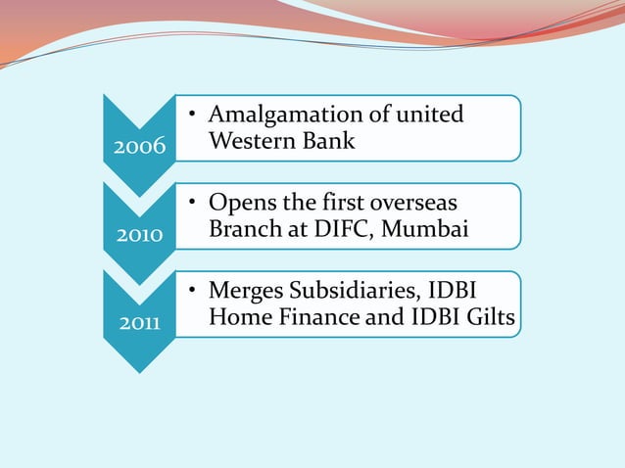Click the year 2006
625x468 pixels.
pos(137,148)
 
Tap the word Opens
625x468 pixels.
pos(239,203)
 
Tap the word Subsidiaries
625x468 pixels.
pos(361,292)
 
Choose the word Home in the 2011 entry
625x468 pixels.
pos(236,318)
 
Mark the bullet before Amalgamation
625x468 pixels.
pos(193,116)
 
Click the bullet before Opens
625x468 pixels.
pos(193,204)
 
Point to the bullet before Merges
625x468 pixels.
pos(193,292)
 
